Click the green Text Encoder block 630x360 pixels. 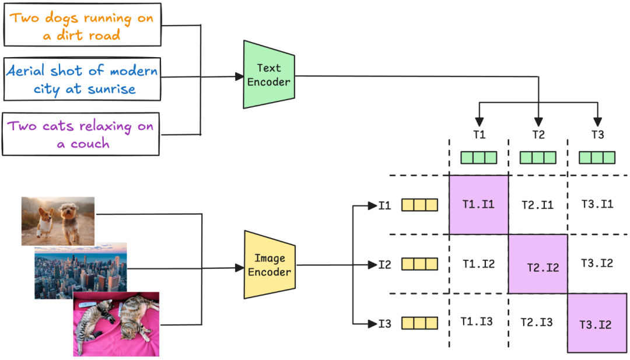(268, 75)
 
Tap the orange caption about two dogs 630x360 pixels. (81, 26)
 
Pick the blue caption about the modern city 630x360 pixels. (81, 80)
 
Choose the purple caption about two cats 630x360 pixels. (81, 134)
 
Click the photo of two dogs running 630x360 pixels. (58, 221)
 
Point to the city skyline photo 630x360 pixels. (80, 270)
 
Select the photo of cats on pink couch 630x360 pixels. (116, 324)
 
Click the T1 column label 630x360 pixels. (479, 135)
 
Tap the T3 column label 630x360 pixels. (597, 135)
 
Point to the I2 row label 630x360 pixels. (385, 264)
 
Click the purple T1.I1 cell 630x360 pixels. (479, 205)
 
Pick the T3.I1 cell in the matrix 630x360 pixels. (597, 205)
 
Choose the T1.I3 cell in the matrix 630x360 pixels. (478, 321)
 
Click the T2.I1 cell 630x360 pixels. (537, 205)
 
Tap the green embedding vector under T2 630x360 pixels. (538, 158)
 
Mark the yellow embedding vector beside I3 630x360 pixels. (419, 323)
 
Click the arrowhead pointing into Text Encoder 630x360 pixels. (239, 76)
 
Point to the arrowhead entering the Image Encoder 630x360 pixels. (239, 268)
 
